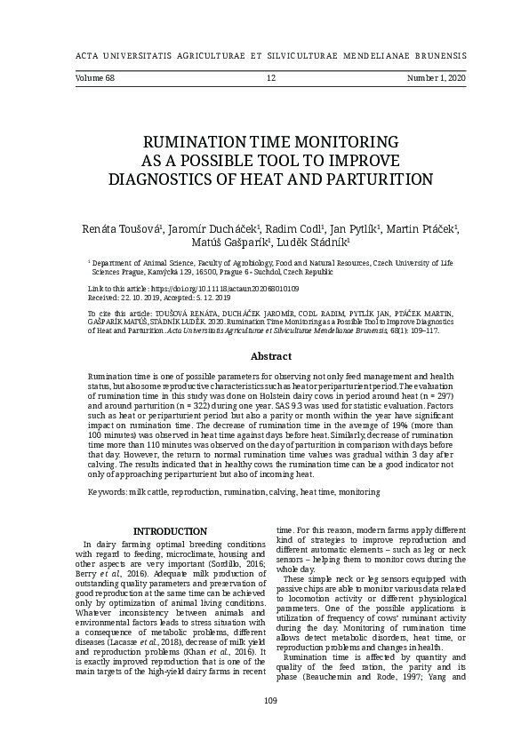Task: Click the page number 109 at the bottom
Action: point(271,702)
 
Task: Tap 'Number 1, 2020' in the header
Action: point(437,79)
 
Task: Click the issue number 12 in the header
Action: point(271,79)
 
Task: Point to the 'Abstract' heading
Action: point(271,356)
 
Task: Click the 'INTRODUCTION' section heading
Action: point(170,531)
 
